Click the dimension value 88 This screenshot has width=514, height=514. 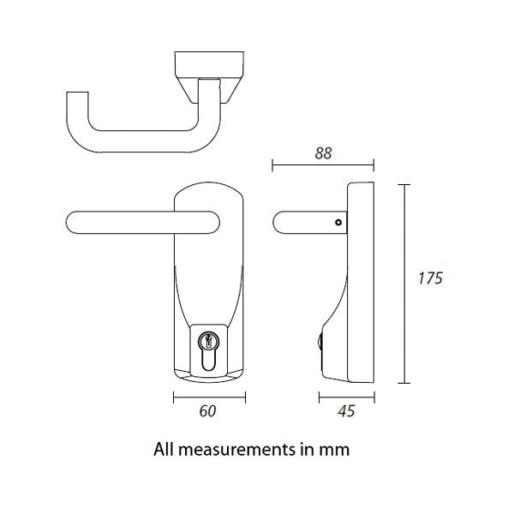pyautogui.click(x=323, y=153)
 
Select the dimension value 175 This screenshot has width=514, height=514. pyautogui.click(x=430, y=278)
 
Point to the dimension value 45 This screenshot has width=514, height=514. pyautogui.click(x=346, y=411)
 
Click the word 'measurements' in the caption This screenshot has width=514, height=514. pyautogui.click(x=234, y=448)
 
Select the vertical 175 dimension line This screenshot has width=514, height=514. pyautogui.click(x=405, y=283)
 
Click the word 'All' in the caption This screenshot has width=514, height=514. pyautogui.click(x=164, y=448)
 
